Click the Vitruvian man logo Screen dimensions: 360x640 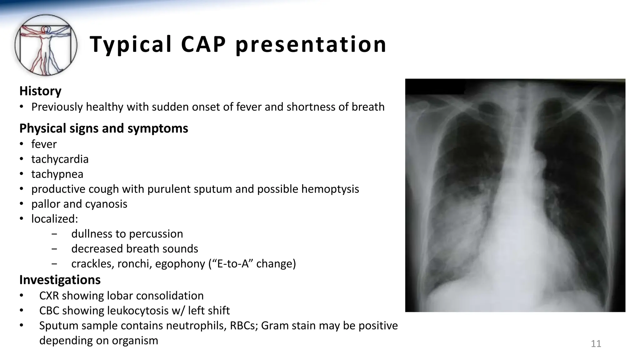tap(46, 45)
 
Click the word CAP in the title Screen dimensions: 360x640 tap(203, 44)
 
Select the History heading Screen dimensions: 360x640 tap(40, 91)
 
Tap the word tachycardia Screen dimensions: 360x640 tap(60, 159)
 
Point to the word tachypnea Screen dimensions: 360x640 tap(57, 174)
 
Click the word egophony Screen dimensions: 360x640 tap(180, 264)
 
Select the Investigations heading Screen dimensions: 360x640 tap(60, 280)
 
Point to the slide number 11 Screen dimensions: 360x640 tap(596, 344)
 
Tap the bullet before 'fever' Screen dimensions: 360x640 tap(21, 144)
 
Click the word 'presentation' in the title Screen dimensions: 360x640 tap(311, 44)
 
